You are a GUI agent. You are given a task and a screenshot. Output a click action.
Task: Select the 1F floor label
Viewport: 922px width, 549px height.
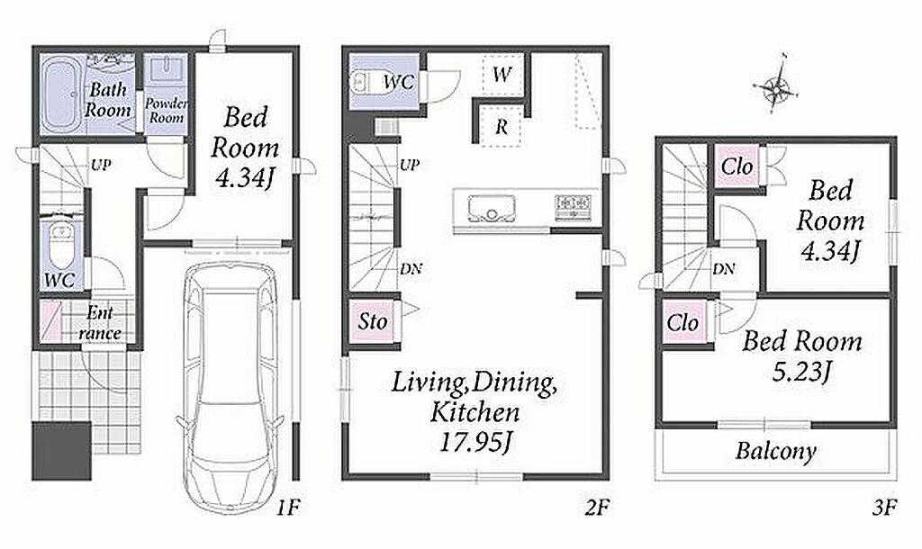tap(289, 507)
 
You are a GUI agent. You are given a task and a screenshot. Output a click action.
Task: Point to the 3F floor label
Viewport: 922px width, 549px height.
tap(885, 507)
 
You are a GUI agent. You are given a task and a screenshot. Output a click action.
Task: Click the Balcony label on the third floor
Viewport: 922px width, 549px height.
tap(776, 452)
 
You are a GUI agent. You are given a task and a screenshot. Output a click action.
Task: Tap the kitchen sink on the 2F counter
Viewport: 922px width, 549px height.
tap(492, 208)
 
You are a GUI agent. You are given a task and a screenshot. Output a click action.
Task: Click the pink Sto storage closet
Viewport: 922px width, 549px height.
tap(372, 321)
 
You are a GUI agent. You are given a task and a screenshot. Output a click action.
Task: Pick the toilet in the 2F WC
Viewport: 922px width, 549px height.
tap(366, 82)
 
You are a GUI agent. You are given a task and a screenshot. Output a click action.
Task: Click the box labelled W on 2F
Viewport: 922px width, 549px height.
tap(502, 74)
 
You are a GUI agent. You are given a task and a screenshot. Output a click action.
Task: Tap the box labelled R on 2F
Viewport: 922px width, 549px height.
tap(501, 126)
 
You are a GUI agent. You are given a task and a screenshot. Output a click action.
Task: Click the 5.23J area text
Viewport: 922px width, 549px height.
tap(802, 372)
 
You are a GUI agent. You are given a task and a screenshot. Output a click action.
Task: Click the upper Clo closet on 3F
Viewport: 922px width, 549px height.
tap(737, 166)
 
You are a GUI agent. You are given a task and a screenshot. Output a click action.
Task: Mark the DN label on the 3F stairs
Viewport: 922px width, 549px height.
tap(723, 269)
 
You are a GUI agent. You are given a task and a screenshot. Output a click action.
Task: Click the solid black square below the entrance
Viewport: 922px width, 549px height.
tap(61, 451)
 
